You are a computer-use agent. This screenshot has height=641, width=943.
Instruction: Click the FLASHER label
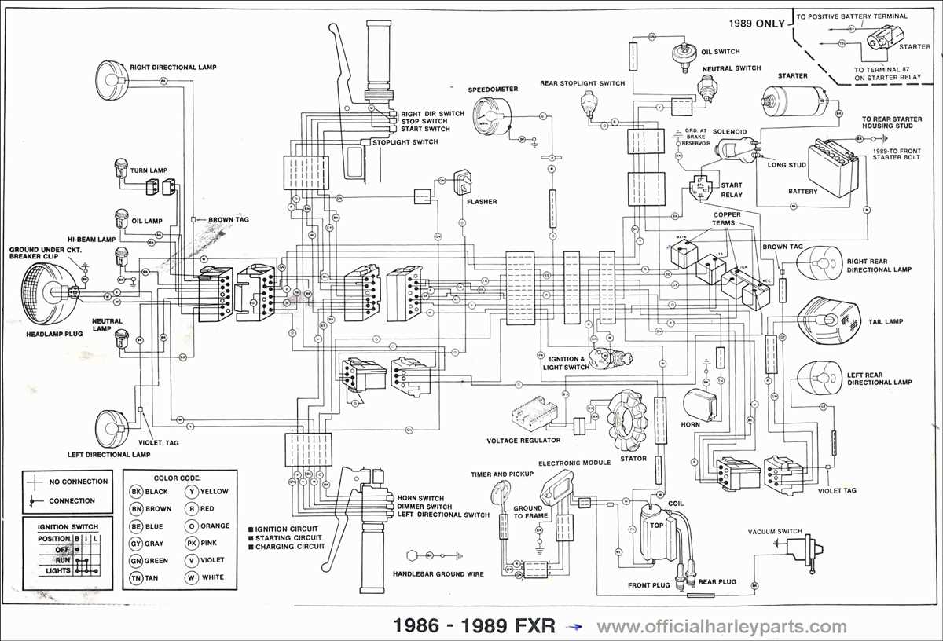click(481, 202)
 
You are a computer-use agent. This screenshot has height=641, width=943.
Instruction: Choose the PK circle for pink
click(191, 544)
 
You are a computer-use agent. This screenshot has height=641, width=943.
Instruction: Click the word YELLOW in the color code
click(214, 492)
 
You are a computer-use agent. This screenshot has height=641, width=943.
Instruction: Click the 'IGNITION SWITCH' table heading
click(68, 526)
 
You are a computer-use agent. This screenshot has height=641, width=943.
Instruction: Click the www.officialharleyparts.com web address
click(721, 626)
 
